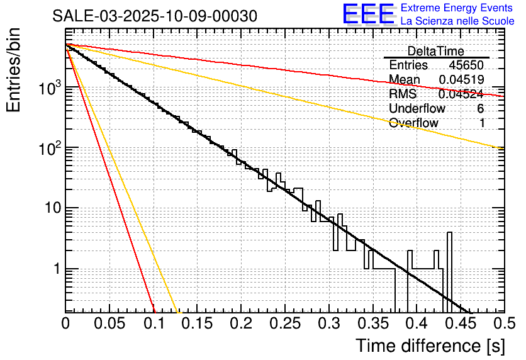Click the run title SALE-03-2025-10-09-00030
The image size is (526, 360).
[155, 16]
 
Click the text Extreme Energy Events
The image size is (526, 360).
[457, 8]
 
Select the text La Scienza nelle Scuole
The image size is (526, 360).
[457, 21]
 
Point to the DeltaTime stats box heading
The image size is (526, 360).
[436, 51]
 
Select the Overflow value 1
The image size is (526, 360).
[482, 123]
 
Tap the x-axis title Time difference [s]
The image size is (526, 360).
[430, 346]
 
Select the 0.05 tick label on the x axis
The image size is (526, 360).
[109, 325]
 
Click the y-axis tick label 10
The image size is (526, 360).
[50, 208]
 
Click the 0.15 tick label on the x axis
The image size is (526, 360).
[197, 325]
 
